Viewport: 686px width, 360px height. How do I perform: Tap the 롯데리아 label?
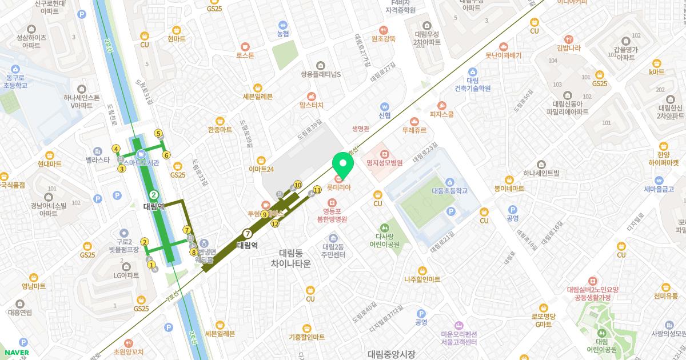[338, 187]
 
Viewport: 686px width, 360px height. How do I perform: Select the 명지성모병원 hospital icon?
[385, 154]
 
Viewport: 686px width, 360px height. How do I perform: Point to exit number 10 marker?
[298, 185]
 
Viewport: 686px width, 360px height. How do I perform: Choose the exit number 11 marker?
[317, 190]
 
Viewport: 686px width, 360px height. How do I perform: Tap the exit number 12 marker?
[275, 223]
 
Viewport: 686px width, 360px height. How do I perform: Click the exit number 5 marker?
[158, 133]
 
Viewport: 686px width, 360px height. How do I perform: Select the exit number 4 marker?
[116, 149]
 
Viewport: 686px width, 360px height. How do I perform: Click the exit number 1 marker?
[151, 264]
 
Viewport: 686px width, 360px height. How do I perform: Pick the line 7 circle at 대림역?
[247, 233]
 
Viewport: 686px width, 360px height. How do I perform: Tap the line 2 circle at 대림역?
[154, 195]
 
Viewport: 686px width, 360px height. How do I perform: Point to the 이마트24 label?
[262, 169]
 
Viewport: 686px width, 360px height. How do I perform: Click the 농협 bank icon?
[282, 25]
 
